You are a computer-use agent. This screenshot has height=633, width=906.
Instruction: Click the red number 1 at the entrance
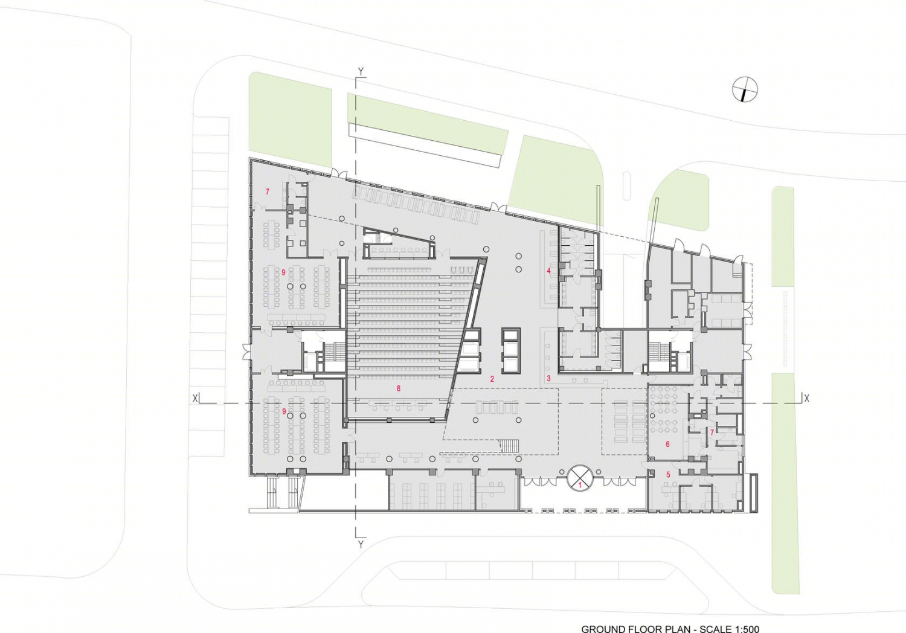click(580, 484)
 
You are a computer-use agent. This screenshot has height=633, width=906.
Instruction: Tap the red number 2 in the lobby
click(492, 379)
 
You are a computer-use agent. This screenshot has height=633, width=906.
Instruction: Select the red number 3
click(548, 379)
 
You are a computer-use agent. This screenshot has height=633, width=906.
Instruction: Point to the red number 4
click(549, 271)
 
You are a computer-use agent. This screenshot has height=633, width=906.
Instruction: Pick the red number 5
click(668, 474)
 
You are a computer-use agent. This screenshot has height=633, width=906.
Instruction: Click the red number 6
click(668, 444)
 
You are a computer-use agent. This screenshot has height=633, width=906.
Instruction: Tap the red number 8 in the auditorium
click(399, 388)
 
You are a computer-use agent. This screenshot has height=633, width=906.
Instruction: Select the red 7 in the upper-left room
click(268, 191)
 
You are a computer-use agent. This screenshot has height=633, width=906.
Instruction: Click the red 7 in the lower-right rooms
click(712, 433)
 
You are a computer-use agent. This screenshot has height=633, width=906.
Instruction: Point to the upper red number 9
click(283, 272)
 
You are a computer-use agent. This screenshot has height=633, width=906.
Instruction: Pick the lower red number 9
click(284, 411)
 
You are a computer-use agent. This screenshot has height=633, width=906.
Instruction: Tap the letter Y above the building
click(361, 72)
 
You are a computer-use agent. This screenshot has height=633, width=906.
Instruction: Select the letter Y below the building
click(361, 544)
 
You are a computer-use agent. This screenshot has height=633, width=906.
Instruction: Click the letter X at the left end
click(196, 399)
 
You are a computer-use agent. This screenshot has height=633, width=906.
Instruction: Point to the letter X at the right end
click(806, 399)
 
